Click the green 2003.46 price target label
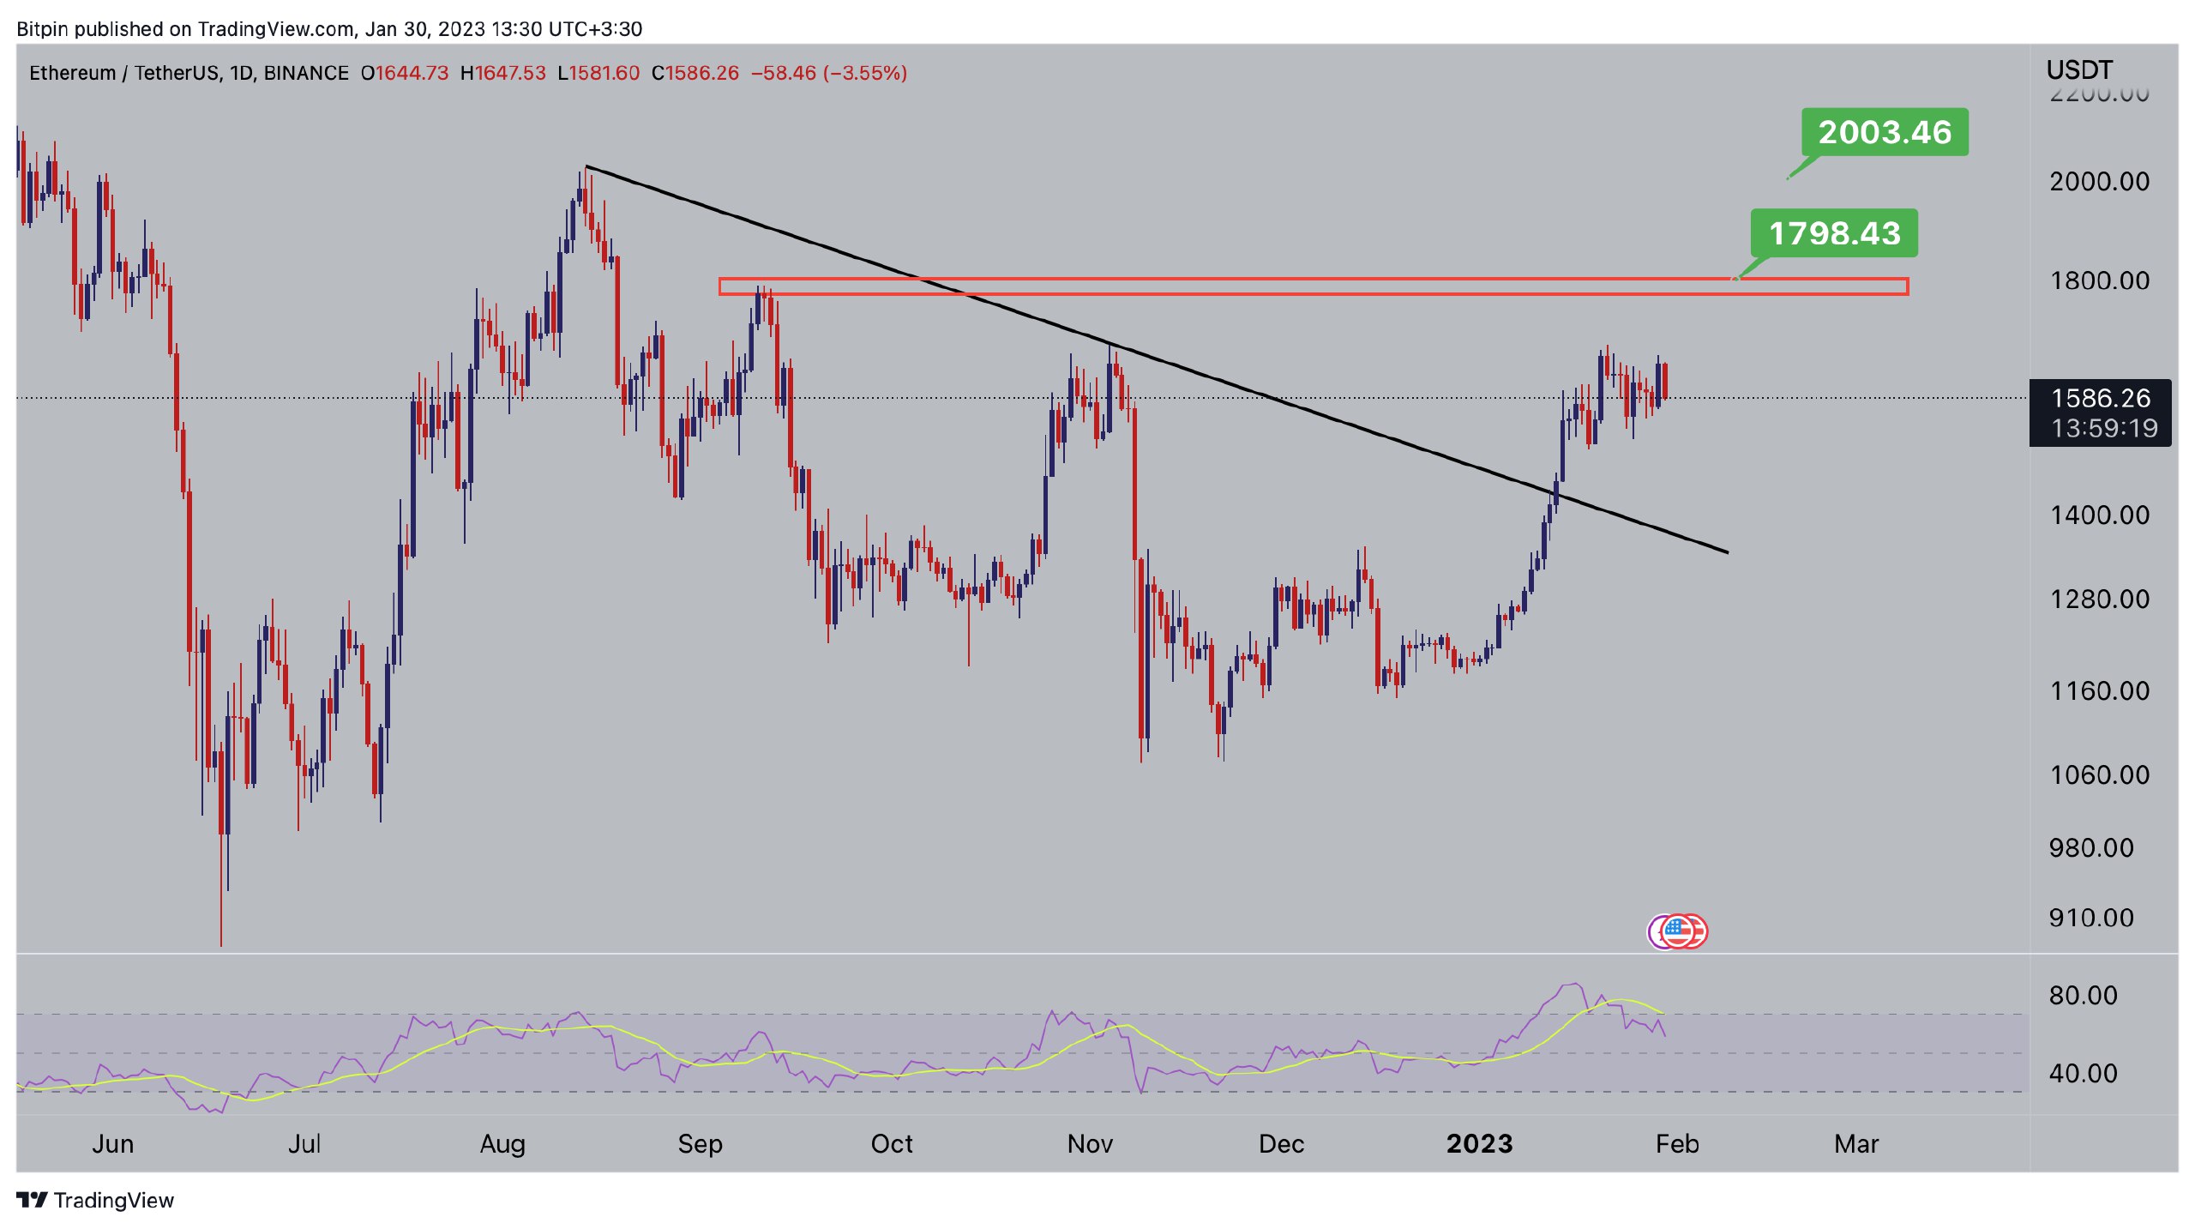(1884, 132)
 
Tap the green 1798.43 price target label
(1834, 233)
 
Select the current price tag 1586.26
(2100, 398)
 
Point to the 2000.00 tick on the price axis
(2099, 181)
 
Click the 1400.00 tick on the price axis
(2099, 515)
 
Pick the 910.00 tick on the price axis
(2090, 918)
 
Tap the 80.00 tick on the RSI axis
(2083, 995)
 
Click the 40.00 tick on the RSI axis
(2083, 1073)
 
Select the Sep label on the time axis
(700, 1143)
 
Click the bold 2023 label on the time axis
(1479, 1143)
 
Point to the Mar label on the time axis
(1856, 1143)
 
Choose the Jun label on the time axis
(113, 1143)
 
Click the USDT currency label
(2079, 69)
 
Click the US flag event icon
(1678, 931)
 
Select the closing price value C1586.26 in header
(695, 73)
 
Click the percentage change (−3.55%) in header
(864, 73)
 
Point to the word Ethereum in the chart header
(72, 73)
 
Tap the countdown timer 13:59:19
(2104, 428)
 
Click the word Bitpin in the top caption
(43, 29)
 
